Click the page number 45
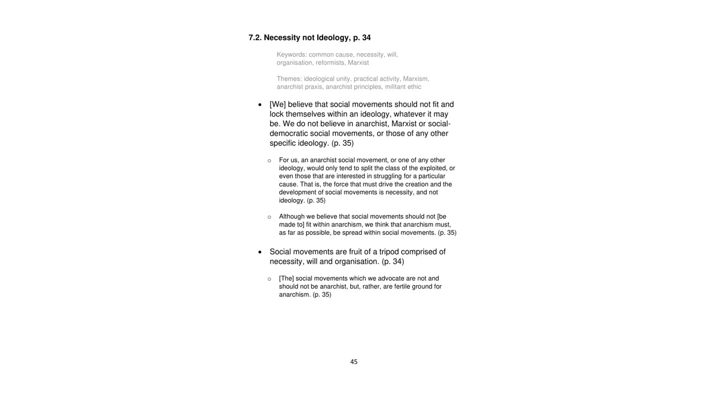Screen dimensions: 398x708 (x=354, y=362)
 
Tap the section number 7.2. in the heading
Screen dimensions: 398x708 (x=255, y=38)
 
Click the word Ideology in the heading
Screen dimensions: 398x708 (x=334, y=38)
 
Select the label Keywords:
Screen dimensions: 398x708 (x=291, y=55)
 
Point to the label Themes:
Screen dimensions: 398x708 (x=289, y=79)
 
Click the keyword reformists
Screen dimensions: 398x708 (x=329, y=63)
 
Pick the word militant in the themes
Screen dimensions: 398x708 (x=395, y=87)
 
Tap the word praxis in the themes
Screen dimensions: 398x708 (x=313, y=87)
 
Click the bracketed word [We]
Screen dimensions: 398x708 (x=278, y=104)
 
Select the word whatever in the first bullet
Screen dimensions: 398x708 (x=409, y=114)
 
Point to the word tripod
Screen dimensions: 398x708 (x=389, y=252)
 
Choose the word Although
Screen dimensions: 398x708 (x=291, y=217)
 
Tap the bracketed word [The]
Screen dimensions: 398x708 (x=286, y=279)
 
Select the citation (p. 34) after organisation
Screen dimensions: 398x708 (x=393, y=261)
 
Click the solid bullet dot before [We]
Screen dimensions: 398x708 (x=260, y=105)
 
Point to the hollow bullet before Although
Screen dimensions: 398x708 (x=269, y=217)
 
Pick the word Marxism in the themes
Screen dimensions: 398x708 (x=416, y=79)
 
